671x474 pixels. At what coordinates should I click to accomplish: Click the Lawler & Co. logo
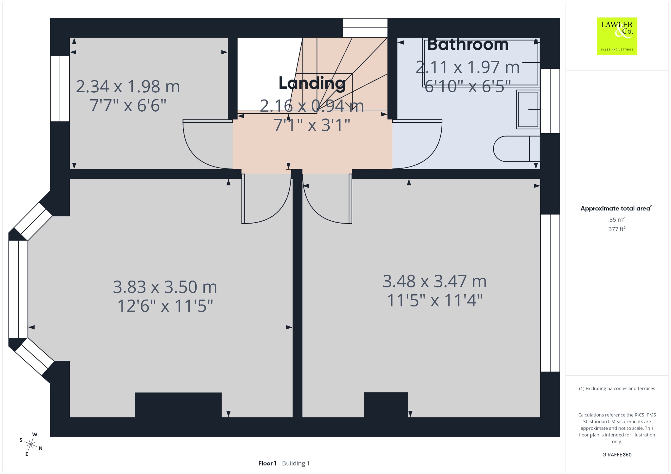tap(617, 36)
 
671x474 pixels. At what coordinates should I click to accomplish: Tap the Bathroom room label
tap(468, 45)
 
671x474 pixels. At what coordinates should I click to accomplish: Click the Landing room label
tap(312, 83)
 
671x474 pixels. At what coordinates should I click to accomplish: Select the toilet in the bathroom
tap(516, 149)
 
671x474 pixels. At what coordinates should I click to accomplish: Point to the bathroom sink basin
tap(528, 109)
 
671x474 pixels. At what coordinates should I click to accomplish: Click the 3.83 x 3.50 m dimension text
tap(165, 287)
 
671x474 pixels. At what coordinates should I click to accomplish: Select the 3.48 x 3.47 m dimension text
tap(434, 281)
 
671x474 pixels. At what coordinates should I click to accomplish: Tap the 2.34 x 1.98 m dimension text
tap(128, 87)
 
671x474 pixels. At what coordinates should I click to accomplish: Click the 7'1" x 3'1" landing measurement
tap(312, 125)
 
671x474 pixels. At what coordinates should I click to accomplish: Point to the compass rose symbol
tap(31, 444)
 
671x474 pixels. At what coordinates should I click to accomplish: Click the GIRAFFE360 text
tap(617, 455)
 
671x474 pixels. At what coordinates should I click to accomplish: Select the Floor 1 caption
tap(267, 463)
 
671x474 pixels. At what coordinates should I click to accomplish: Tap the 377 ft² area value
tap(617, 229)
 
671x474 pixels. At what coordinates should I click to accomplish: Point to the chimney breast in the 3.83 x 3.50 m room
tap(178, 405)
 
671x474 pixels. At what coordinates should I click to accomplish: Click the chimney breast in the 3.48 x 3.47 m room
tap(386, 405)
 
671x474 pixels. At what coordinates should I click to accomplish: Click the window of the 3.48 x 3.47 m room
tap(550, 293)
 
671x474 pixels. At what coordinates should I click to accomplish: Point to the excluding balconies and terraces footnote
tap(617, 389)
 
